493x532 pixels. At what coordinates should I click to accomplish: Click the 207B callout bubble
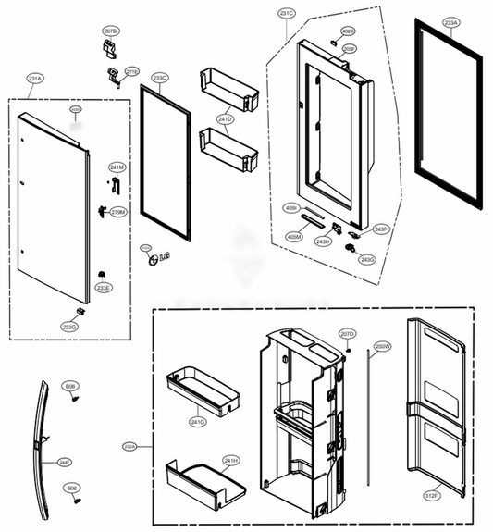point(111,31)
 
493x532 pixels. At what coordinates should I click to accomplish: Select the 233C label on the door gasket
point(160,79)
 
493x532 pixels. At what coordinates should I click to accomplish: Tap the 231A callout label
point(35,80)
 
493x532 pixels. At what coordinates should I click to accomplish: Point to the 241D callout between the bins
point(226,119)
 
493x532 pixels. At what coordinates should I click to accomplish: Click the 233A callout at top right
point(450,21)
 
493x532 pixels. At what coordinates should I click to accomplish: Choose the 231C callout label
point(286,14)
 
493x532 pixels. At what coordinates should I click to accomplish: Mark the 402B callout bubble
point(349,31)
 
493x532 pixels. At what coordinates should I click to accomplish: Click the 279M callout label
point(117,212)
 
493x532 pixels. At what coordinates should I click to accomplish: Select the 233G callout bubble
point(68,327)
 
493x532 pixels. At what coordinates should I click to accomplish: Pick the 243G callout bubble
point(367,259)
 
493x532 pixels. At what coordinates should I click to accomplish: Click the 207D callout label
point(347,333)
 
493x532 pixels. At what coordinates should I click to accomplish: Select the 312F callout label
point(432,495)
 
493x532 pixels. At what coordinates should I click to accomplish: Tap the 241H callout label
point(230,459)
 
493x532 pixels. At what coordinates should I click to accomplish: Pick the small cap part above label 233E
point(100,274)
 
